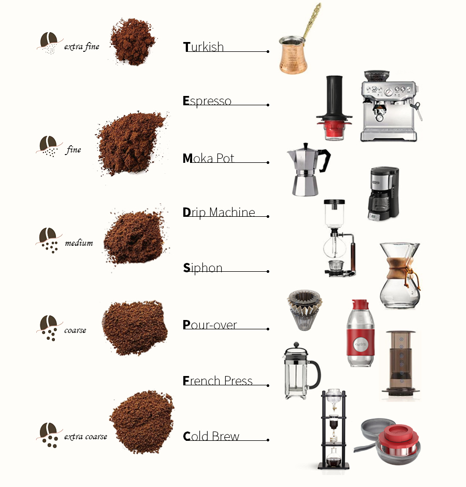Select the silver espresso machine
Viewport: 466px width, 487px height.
[390, 106]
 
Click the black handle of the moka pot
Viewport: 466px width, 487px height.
[324, 160]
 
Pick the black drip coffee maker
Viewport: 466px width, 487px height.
[383, 193]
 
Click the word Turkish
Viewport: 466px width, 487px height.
[203, 47]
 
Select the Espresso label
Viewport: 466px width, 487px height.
[207, 101]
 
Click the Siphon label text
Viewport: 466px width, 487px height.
[203, 268]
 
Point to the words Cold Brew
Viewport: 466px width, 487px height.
[211, 436]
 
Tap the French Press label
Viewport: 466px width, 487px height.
[217, 381]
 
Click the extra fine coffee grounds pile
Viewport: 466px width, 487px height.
[133, 41]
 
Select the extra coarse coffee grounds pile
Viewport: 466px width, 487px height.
[142, 421]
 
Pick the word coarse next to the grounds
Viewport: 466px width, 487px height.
[76, 330]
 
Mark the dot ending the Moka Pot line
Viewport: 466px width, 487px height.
[268, 162]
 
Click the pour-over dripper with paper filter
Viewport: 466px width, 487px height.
[304, 310]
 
